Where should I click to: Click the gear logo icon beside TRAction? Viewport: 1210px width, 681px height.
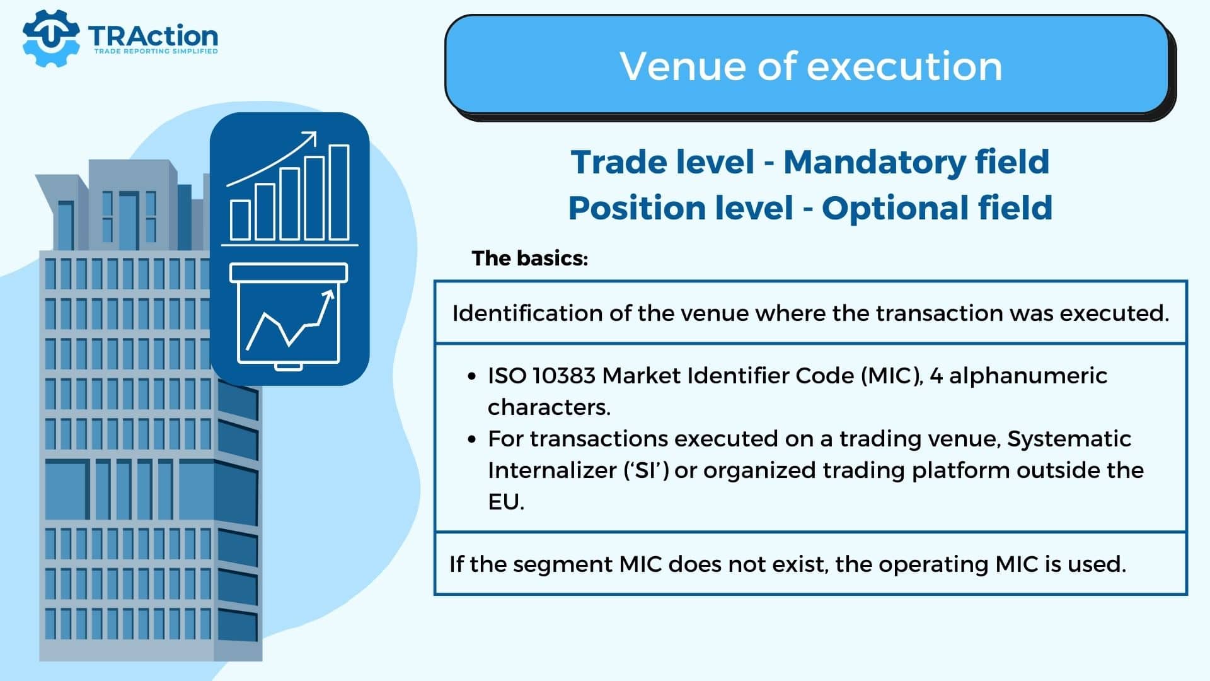[x=51, y=38]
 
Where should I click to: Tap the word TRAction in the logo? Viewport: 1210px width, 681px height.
[x=153, y=36]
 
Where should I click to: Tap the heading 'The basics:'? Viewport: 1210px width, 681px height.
[x=530, y=258]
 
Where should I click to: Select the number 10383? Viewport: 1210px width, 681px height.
[x=564, y=376]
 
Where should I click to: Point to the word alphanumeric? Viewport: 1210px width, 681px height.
[x=1028, y=376]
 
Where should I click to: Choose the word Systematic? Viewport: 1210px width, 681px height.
[x=1069, y=439]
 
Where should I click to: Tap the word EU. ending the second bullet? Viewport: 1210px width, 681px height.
[x=506, y=502]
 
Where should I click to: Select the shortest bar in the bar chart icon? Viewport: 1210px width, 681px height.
[x=240, y=220]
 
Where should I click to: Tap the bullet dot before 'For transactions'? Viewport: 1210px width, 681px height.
[x=472, y=439]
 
